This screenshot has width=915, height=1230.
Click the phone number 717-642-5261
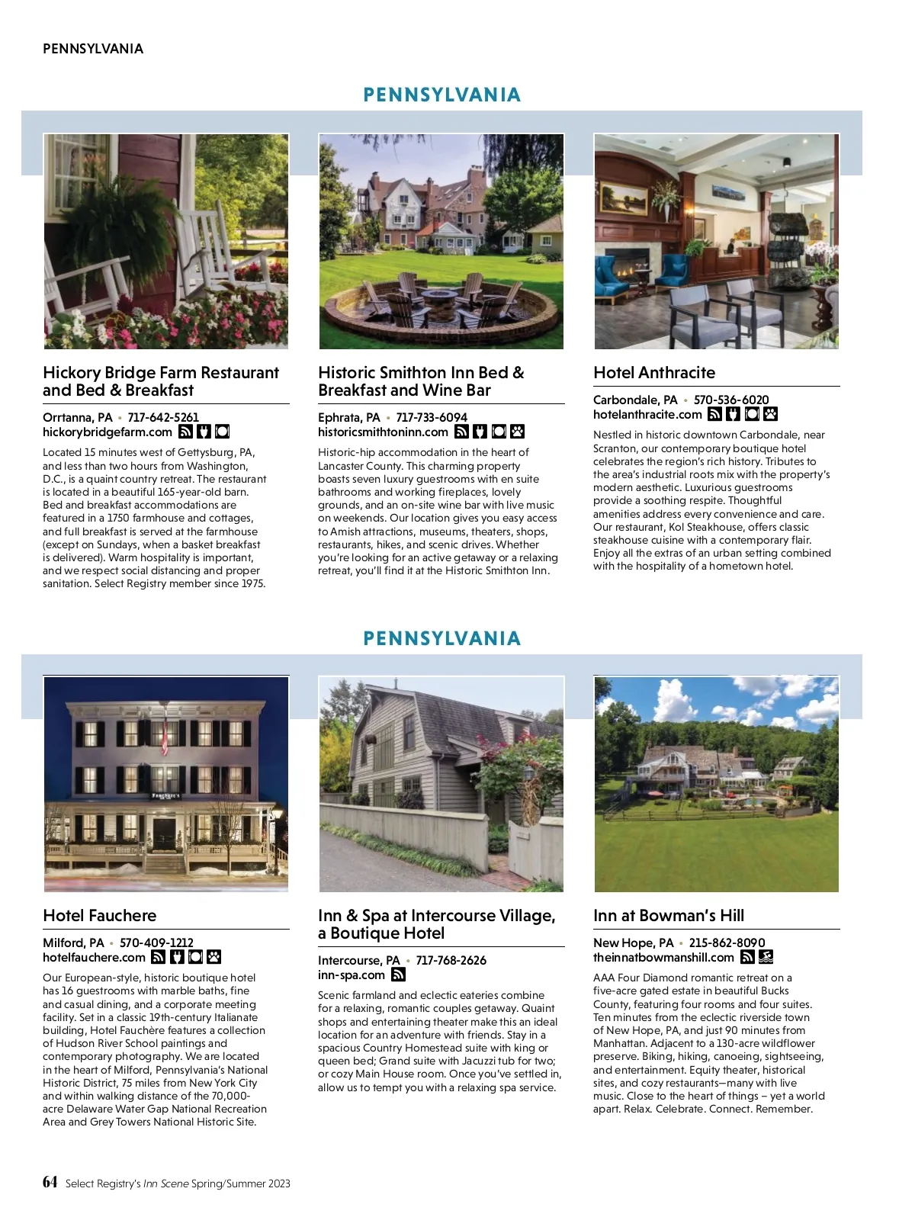(163, 417)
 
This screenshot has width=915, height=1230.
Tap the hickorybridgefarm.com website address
(108, 432)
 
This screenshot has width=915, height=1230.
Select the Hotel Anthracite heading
(654, 373)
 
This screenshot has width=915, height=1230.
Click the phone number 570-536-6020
(731, 400)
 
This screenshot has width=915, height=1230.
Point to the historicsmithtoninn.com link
(383, 432)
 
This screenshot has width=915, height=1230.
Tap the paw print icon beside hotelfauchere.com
(214, 957)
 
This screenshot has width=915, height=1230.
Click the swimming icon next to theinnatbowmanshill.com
(766, 957)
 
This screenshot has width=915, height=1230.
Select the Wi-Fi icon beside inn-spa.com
(398, 975)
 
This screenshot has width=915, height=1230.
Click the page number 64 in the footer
(50, 1182)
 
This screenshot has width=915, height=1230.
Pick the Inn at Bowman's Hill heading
(669, 916)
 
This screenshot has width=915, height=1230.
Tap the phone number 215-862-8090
(727, 943)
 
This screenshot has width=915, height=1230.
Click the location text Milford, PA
(73, 943)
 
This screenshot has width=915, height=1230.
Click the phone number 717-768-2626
(451, 960)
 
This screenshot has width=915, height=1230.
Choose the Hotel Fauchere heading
(99, 916)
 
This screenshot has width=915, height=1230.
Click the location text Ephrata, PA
(349, 417)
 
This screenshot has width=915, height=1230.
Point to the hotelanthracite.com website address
(647, 414)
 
